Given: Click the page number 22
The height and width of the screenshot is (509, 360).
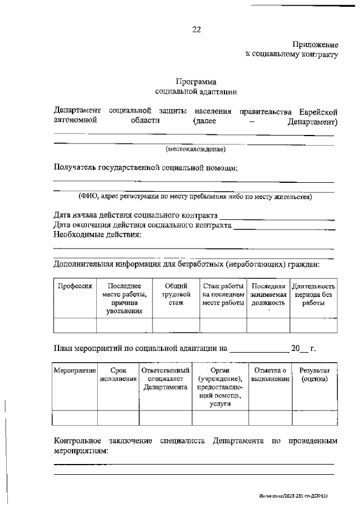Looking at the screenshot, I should click(196, 29).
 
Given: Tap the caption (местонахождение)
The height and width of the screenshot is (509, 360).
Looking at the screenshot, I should click(195, 149).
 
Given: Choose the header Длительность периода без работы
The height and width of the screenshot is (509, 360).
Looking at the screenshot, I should click(313, 294).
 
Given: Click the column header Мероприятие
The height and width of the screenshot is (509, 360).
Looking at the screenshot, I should click(75, 371).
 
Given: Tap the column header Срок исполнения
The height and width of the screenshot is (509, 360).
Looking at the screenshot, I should click(118, 375).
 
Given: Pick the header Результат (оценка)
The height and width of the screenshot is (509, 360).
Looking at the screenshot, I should click(314, 375).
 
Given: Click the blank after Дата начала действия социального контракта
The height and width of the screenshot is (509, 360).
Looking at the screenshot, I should click(277, 215).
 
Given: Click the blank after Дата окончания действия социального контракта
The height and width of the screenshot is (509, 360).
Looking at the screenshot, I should click(284, 225).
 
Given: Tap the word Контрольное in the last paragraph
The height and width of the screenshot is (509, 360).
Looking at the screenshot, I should click(77, 441).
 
